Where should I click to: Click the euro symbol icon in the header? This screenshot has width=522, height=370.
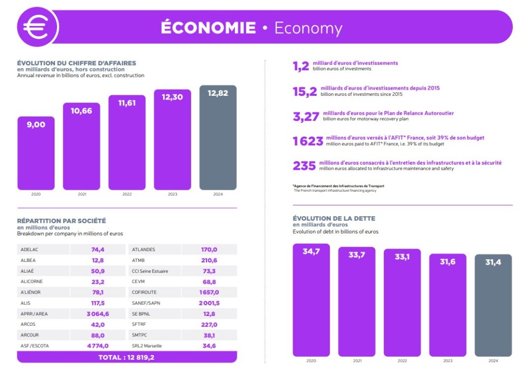[37, 27]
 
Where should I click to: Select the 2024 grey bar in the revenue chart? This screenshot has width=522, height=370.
[218, 138]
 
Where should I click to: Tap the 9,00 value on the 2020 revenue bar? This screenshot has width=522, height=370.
[36, 124]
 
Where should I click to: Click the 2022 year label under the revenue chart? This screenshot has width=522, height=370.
[126, 194]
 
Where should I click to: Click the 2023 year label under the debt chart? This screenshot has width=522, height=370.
[448, 361]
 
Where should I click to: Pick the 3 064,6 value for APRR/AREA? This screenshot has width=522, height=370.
[98, 313]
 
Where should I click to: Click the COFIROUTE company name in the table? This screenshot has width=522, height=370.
[144, 292]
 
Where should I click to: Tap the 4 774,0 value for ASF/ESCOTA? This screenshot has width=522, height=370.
[98, 346]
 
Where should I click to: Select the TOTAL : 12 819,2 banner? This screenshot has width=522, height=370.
[126, 357]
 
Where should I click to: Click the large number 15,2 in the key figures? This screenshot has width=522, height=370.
[305, 92]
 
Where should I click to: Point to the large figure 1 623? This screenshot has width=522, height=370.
[308, 141]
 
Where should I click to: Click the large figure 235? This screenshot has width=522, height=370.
[304, 166]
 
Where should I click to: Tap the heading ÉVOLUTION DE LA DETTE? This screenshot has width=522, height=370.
[334, 218]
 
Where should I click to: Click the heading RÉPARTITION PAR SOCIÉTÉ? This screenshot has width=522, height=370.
[62, 221]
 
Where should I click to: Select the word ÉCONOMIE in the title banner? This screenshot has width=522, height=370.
[208, 28]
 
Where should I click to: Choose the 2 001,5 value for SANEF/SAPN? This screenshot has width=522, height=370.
[209, 303]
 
